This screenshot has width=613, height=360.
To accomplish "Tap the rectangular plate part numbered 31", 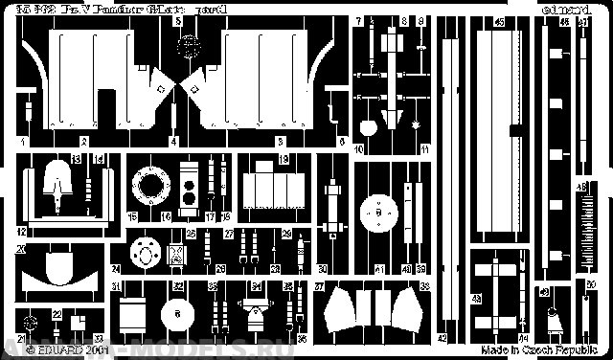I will coord(130,312).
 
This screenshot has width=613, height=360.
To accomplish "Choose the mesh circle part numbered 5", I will coord(192,41).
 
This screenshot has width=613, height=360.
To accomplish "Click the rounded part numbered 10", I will coord(416,125).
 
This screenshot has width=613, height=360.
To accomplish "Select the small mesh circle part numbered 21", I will coord(32,323).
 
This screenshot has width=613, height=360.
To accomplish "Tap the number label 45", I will coord(500,21).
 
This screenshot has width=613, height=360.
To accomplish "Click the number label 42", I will coord(443,338).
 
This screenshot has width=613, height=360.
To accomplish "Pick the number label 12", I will coord(20,232).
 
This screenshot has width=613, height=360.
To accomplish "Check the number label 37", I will coord(320,287).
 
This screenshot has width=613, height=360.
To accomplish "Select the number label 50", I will coord(591,284).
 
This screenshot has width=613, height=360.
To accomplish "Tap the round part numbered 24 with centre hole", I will coord(147,254).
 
